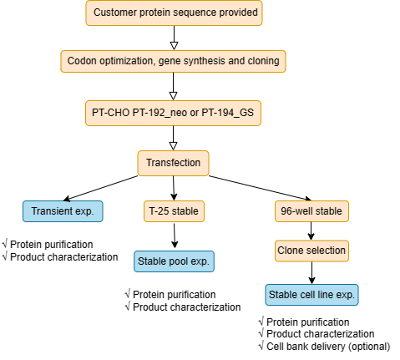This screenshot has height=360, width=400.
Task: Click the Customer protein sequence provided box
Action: [174, 13]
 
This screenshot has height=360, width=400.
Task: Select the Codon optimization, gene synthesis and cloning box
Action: [173, 61]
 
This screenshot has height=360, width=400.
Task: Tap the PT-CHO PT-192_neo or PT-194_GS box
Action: [173, 113]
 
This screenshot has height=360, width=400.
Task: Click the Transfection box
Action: [173, 163]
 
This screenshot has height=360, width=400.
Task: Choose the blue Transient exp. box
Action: [63, 211]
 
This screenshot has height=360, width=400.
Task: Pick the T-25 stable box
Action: [174, 211]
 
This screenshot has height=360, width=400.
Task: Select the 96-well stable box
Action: [311, 211]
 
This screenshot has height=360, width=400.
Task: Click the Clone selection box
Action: [311, 251]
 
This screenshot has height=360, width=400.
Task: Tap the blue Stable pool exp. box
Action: [174, 261]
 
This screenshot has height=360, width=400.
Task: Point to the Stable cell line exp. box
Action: [311, 295]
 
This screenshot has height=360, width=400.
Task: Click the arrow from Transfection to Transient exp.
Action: [101, 188]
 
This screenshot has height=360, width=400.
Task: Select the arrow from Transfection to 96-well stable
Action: [260, 188]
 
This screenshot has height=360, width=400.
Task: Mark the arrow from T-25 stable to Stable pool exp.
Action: [175, 236]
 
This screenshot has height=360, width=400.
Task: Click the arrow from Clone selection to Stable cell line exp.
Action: [311, 273]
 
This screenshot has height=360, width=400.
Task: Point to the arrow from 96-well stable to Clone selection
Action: [311, 231]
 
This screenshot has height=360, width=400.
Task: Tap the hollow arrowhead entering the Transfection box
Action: [173, 146]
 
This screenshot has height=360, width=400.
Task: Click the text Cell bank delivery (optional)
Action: [328, 347]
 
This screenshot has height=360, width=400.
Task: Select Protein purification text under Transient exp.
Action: [52, 245]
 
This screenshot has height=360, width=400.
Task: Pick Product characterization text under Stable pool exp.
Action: [187, 307]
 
